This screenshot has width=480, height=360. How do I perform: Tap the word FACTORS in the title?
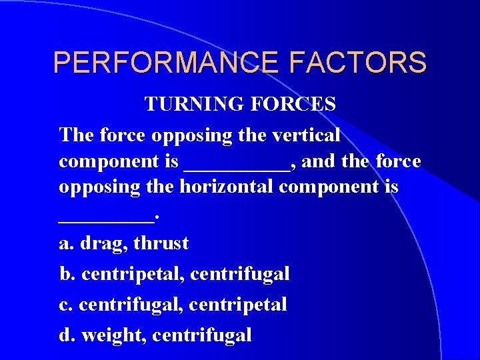(x=358, y=63)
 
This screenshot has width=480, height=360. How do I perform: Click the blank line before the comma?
(x=236, y=167)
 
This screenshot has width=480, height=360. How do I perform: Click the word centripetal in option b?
(x=133, y=273)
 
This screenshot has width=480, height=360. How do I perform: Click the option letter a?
(x=65, y=244)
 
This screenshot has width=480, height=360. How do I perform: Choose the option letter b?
(x=65, y=273)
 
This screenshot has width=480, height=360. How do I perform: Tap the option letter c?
(x=65, y=305)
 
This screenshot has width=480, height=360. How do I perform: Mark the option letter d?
(x=65, y=335)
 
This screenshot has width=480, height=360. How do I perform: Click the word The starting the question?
(x=77, y=135)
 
